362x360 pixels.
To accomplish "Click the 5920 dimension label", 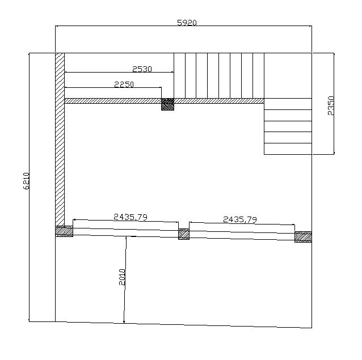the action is coord(187,23).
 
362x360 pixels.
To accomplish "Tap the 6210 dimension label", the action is coord(26,181).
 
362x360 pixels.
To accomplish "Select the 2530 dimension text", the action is coord(142,69).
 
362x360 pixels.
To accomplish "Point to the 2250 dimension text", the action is coord(124,84).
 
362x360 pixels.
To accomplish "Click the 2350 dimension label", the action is coord(331,105).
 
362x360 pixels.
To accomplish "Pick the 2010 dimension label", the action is coord(122,277).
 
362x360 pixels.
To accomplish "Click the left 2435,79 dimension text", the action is coord(131,217).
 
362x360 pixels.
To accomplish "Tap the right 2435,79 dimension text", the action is coord(240,219).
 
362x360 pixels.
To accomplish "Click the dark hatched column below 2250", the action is coord(167,104).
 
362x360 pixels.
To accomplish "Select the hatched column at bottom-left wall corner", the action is coord(64,231).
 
